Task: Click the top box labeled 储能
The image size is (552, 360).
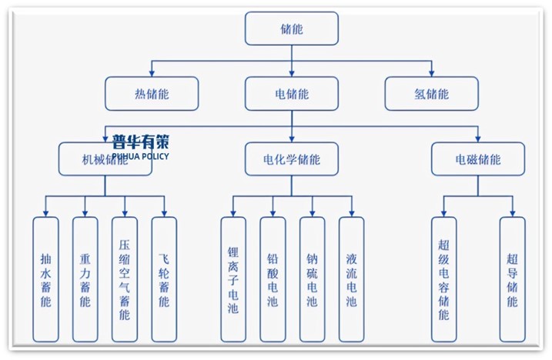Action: (x=291, y=28)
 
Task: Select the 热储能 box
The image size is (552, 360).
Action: (x=151, y=94)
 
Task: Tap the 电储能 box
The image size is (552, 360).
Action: (x=291, y=94)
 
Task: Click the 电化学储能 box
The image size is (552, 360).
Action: (x=291, y=160)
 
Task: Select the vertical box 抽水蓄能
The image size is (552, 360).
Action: (x=45, y=279)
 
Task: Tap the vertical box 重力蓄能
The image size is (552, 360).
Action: (x=85, y=279)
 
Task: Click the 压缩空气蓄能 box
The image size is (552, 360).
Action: (x=124, y=279)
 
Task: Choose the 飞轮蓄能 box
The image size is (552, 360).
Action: (x=163, y=279)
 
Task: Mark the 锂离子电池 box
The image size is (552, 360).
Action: (x=233, y=279)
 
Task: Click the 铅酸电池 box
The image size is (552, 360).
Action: (x=273, y=279)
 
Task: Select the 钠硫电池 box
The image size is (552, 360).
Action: (x=312, y=279)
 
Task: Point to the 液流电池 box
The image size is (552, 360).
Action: (x=351, y=279)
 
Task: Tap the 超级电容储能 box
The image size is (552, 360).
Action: (x=443, y=279)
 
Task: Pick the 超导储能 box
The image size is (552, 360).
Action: (x=512, y=279)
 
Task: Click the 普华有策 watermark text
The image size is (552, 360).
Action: (x=139, y=142)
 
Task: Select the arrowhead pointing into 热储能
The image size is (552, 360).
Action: (x=151, y=74)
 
